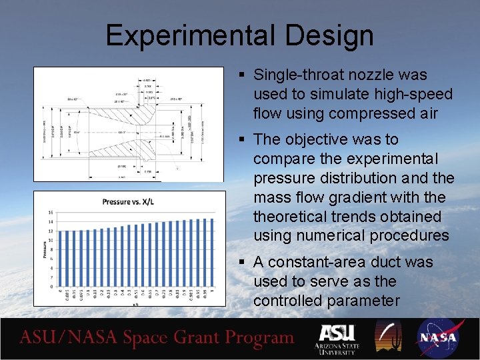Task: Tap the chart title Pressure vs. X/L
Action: tap(130, 201)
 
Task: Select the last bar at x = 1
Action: tap(212, 253)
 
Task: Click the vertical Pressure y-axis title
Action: tap(44, 250)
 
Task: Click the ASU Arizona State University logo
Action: tap(337, 338)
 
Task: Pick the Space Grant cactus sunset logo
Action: tap(387, 337)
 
